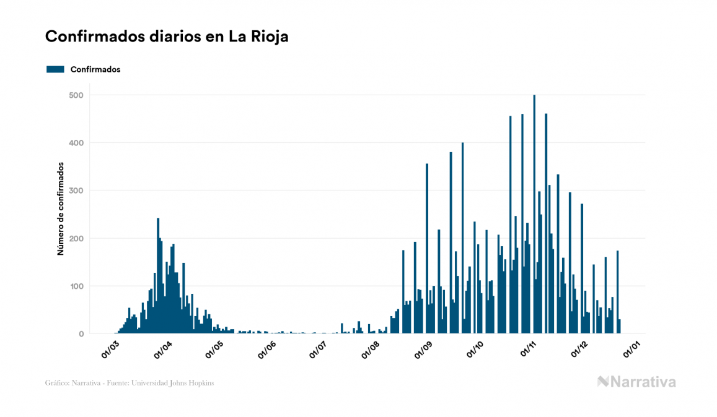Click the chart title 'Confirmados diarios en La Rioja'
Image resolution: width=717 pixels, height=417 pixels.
click(x=167, y=37)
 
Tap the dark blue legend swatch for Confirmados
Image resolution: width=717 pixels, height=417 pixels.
click(x=55, y=69)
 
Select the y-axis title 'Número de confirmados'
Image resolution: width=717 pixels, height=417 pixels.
click(x=61, y=209)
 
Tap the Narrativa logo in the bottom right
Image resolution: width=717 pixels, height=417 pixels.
click(x=636, y=382)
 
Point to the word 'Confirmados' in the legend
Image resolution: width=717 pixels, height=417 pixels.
click(x=95, y=69)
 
